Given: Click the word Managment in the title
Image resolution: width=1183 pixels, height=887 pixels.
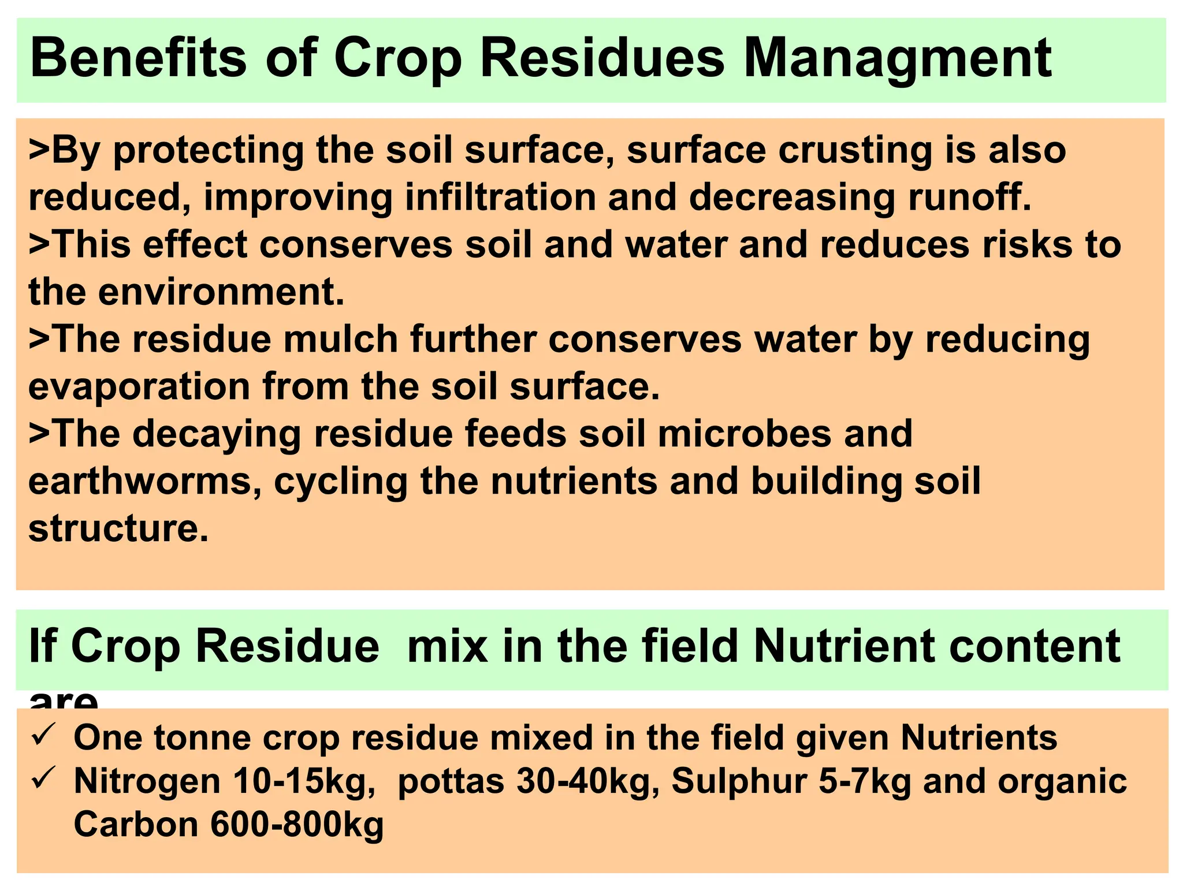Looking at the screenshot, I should pos(898,59).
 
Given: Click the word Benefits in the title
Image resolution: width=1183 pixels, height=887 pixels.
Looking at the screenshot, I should pos(139,58).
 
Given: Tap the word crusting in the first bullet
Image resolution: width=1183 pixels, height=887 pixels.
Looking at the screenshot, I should pos(855,150).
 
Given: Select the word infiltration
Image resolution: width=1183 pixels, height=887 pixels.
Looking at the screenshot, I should pos(500,197).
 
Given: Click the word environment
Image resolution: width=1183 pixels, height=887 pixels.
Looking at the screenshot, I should pos(221,292).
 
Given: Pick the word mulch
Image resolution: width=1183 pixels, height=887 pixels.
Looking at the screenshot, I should pos(340,340).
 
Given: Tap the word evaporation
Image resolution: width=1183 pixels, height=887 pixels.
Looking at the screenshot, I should pos(139,387).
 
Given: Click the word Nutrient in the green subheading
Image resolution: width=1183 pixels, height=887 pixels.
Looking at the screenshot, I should pos(844,646).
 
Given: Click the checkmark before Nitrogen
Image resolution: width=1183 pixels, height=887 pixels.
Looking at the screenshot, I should pos(43,779).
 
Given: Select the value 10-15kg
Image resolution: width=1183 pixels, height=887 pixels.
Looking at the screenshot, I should pos(304,782).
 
